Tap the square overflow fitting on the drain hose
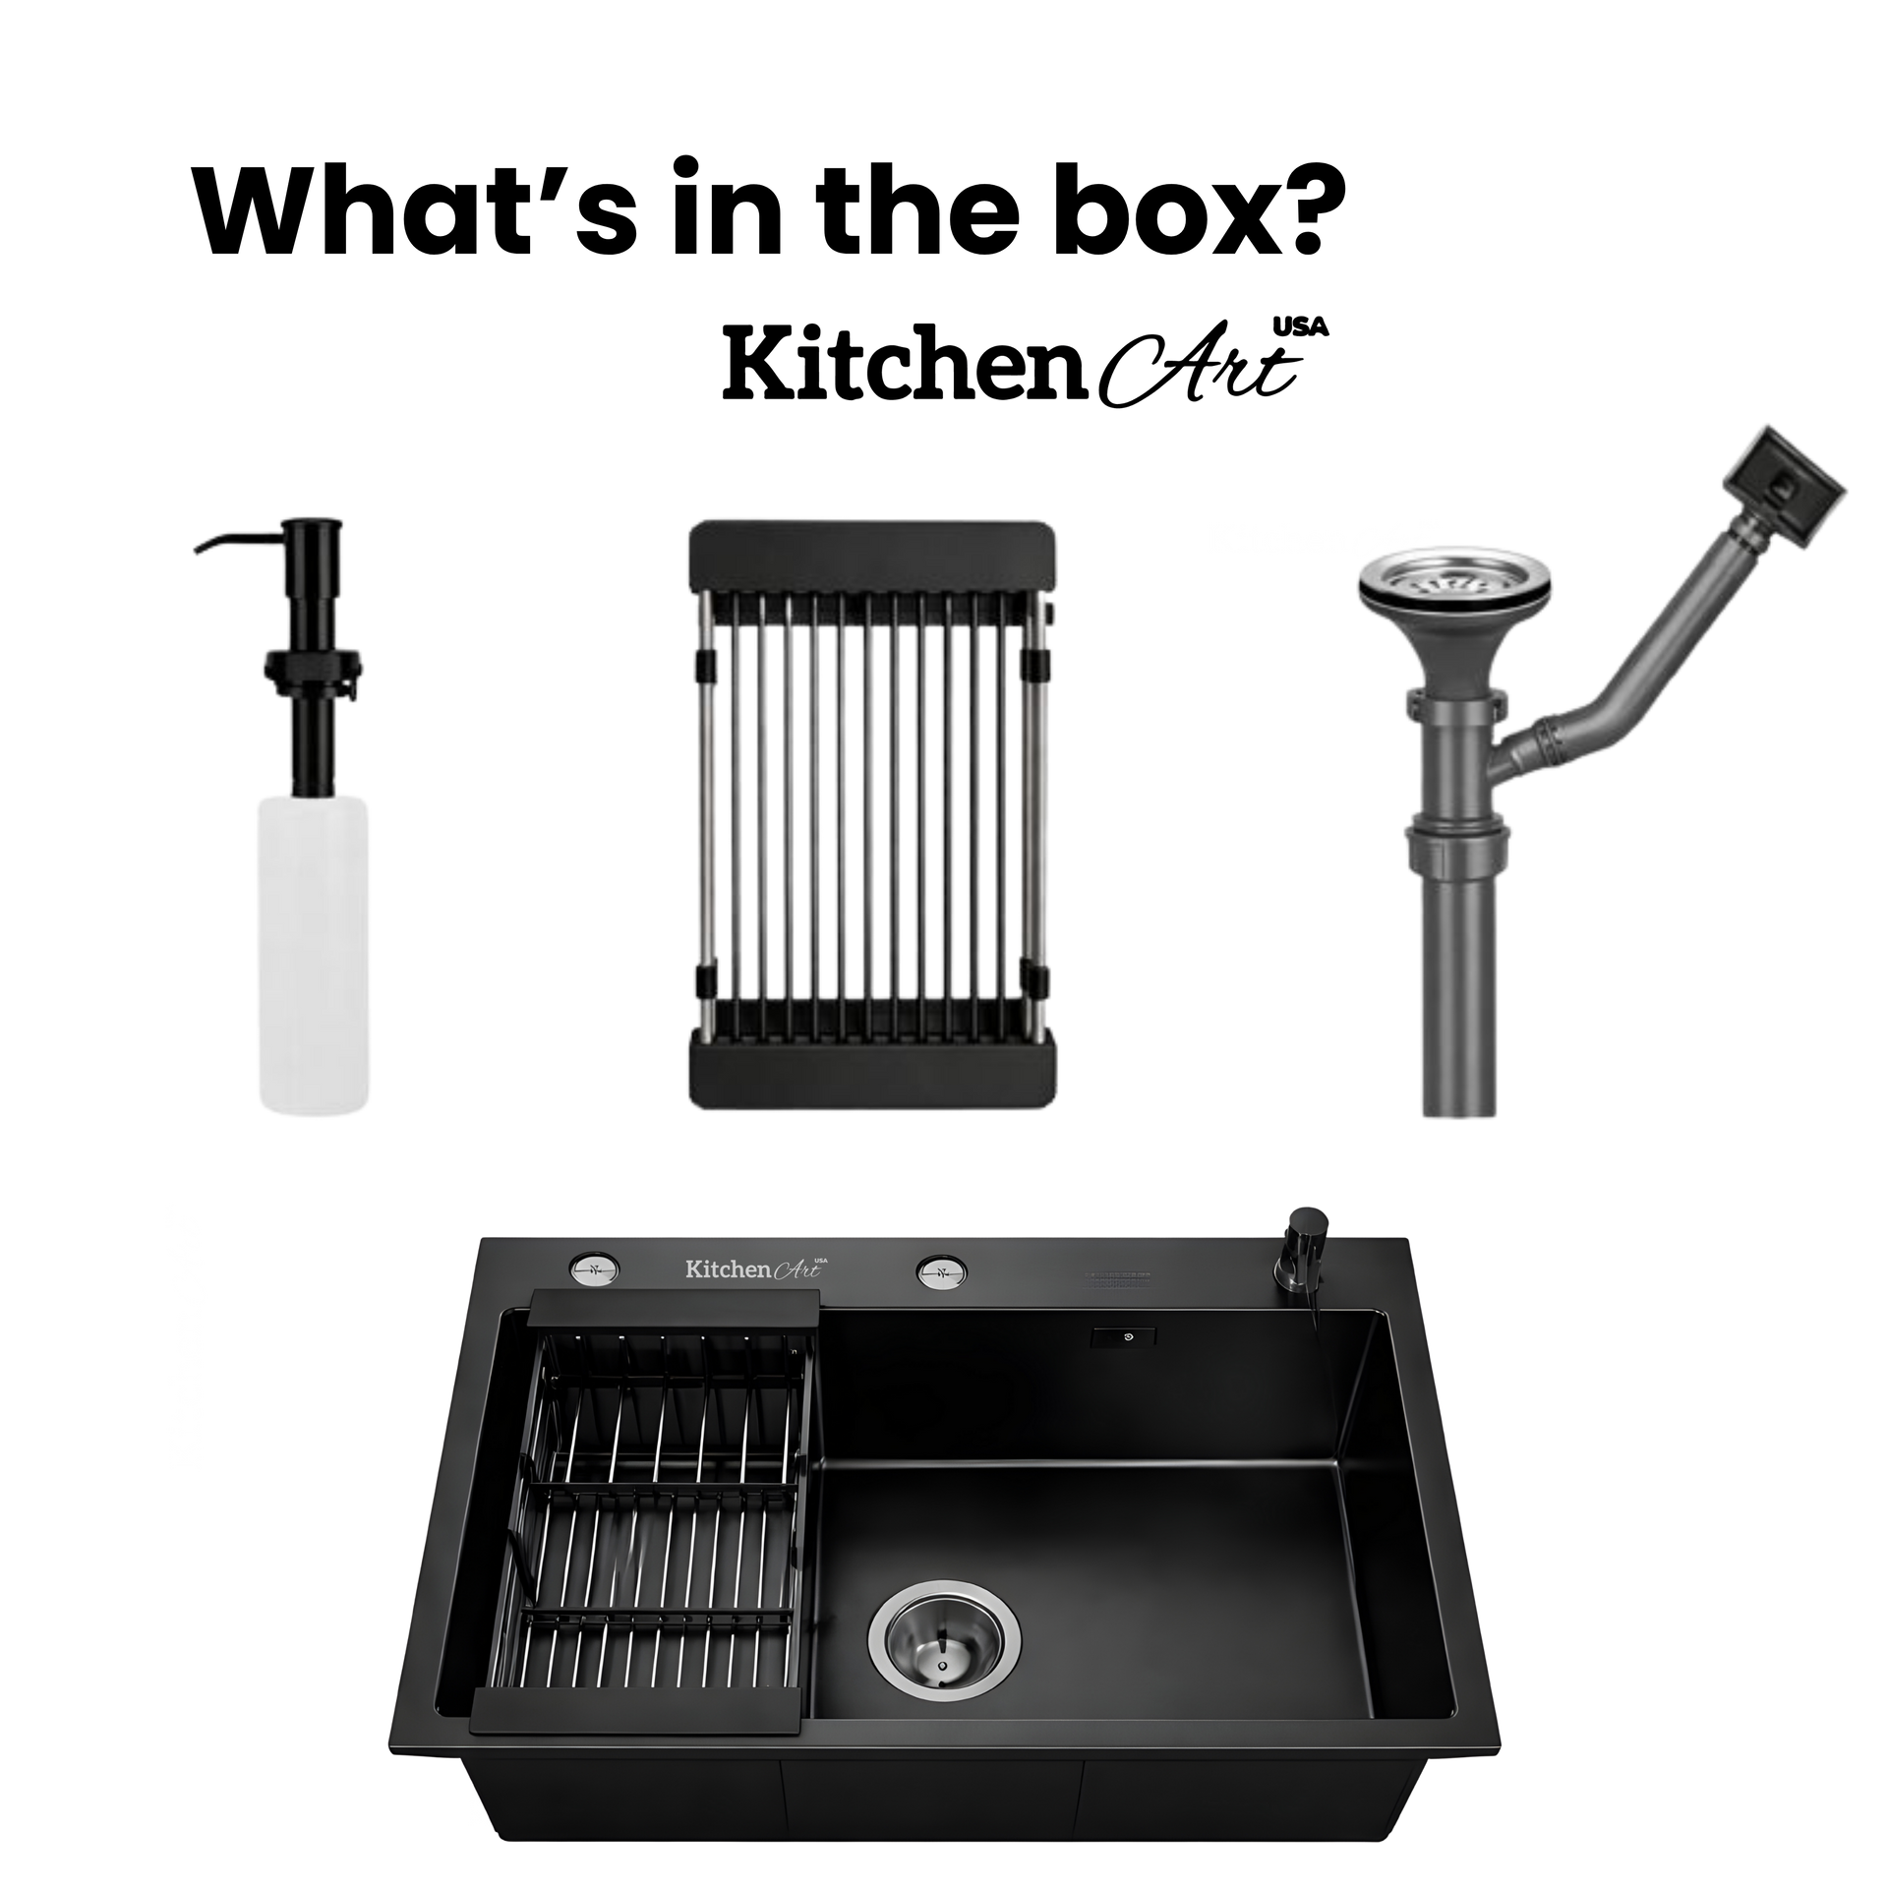click(x=1783, y=490)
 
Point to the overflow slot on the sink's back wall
click(x=1123, y=1336)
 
